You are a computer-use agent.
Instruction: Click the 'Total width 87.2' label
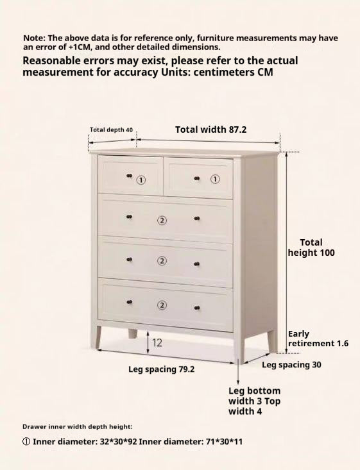(210, 130)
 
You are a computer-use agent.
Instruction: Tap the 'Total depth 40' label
(111, 130)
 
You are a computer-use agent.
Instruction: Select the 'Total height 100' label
(311, 248)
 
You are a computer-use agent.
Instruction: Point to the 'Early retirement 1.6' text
(318, 339)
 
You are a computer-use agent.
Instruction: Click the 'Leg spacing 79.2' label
(162, 369)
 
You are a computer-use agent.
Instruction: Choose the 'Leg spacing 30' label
(291, 365)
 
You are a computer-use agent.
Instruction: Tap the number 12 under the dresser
(157, 343)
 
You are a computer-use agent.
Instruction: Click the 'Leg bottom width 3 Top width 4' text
(255, 401)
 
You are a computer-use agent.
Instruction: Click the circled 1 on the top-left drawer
(142, 180)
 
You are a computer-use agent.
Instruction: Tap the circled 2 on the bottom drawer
(162, 305)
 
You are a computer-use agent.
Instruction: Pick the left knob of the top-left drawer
(129, 176)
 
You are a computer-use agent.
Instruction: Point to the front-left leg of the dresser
(97, 337)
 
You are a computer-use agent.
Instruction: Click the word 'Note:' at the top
(34, 38)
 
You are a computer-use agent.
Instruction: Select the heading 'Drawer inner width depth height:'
(78, 426)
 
